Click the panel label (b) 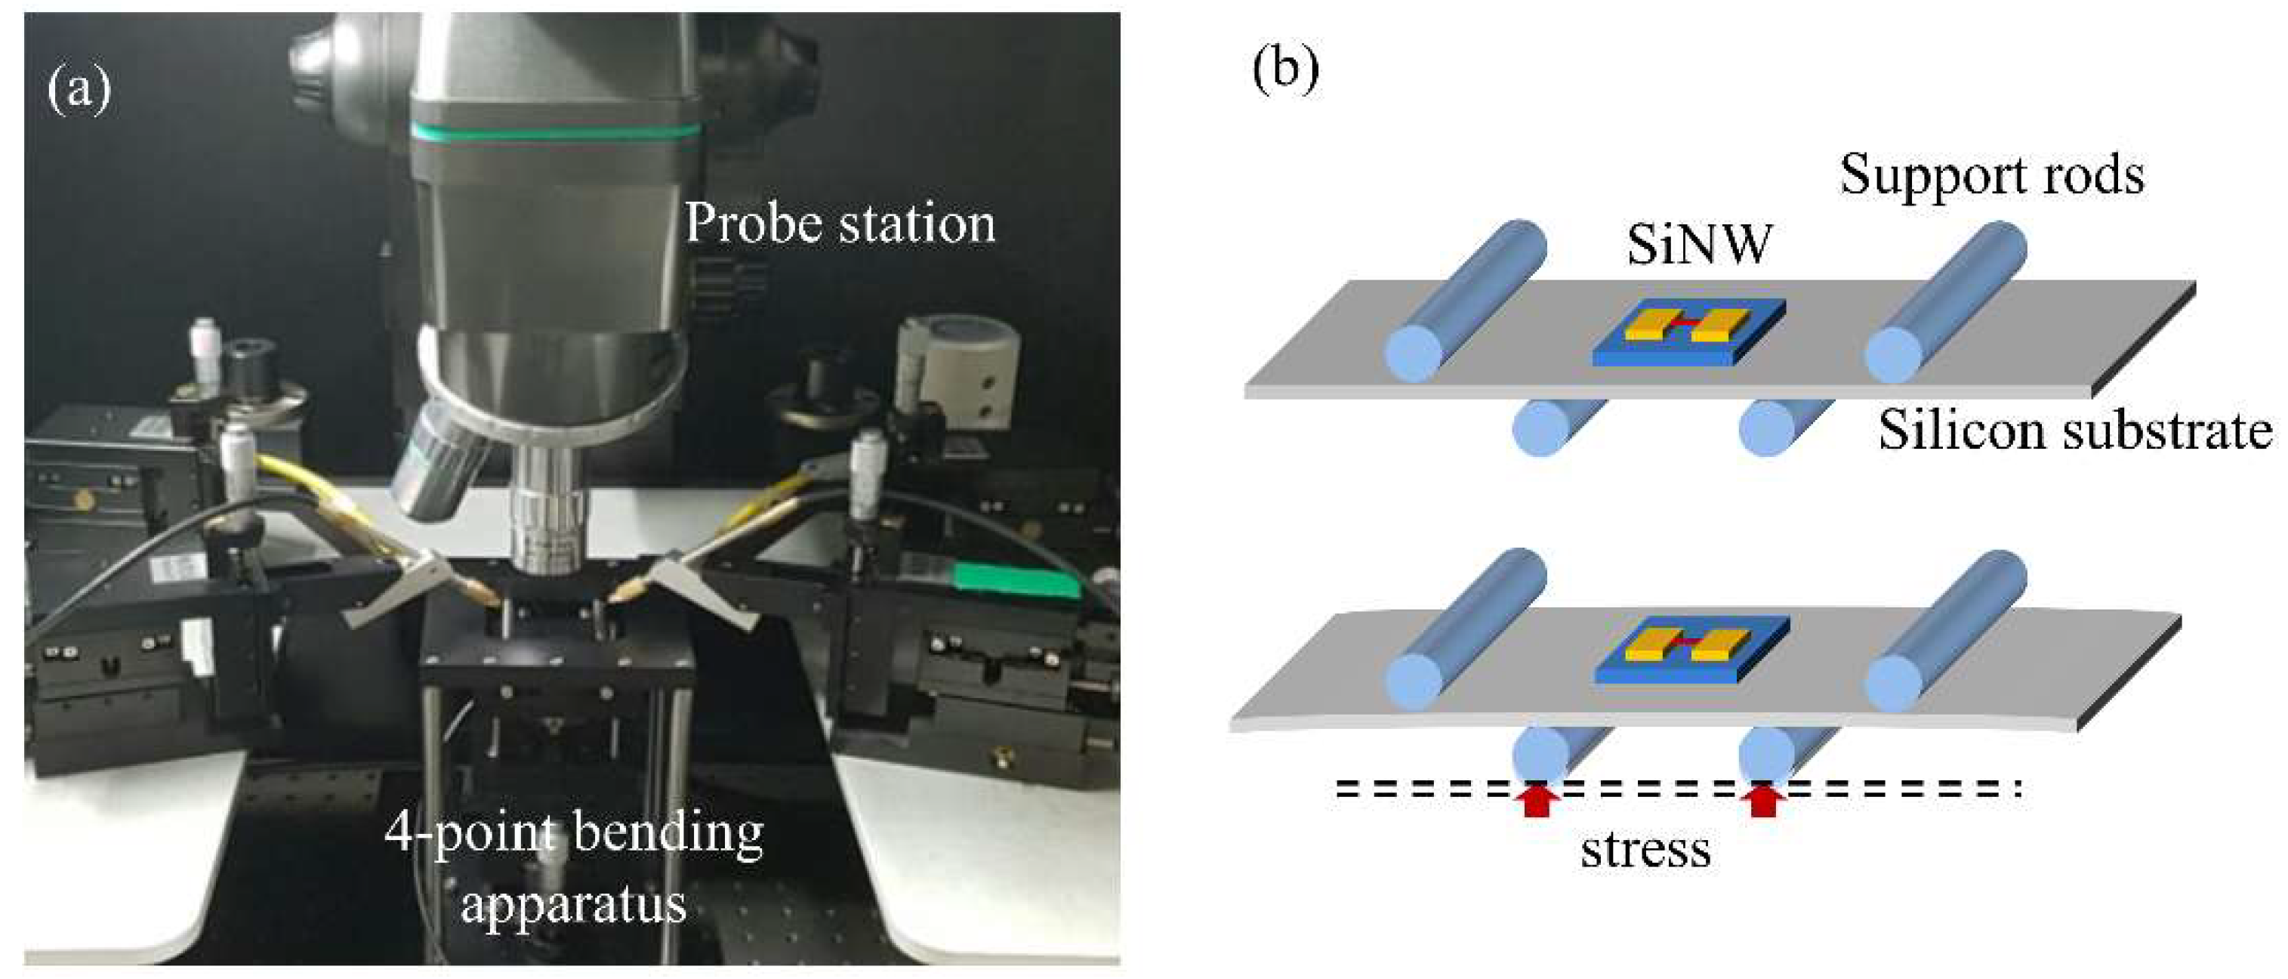[1285, 70]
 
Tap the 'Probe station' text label [840, 223]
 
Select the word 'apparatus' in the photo [574, 904]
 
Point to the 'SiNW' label [1699, 244]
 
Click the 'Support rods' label [1991, 175]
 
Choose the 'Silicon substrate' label [2075, 432]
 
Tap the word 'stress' [1645, 850]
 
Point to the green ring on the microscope [555, 132]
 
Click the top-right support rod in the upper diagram [1945, 302]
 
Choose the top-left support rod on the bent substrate [1466, 631]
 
